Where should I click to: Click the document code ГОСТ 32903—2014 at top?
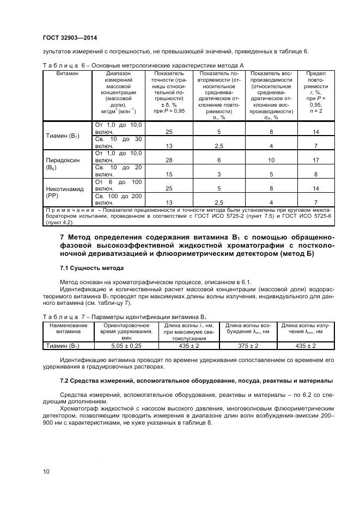tap(70, 38)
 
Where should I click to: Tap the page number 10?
tap(46, 471)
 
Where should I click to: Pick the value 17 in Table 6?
tap(315, 161)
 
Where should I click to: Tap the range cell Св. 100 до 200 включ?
tap(119, 199)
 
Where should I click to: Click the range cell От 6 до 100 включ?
tap(119, 185)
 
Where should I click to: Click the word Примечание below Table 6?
tap(66, 210)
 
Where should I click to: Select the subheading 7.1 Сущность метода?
tap(91, 268)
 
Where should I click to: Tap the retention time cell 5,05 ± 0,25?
tap(125, 346)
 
